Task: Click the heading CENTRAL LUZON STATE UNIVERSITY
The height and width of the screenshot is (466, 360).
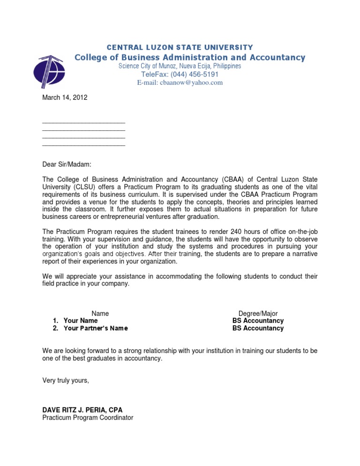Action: (x=180, y=47)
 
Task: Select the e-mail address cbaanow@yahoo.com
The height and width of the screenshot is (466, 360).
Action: (x=180, y=83)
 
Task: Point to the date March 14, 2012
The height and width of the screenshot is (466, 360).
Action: (x=64, y=98)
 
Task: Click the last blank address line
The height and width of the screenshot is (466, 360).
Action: (x=83, y=146)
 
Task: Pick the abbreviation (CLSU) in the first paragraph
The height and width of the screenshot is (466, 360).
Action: (x=87, y=187)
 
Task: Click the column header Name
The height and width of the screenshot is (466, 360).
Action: (x=100, y=313)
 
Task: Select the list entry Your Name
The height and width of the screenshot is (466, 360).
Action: (x=81, y=321)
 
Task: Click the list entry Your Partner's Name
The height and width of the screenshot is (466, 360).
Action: (x=96, y=328)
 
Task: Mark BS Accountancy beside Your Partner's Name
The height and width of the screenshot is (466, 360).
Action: (x=258, y=328)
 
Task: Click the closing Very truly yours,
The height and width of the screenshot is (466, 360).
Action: (x=66, y=380)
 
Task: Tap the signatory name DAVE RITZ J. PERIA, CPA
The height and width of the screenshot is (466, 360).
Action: (x=82, y=410)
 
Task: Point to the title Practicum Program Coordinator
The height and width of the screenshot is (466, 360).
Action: (x=88, y=417)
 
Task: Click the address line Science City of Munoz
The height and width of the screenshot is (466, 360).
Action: (x=180, y=66)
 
